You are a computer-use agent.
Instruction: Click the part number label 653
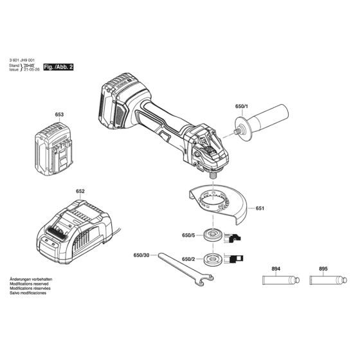coord(60,115)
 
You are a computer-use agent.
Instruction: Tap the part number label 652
coord(80,191)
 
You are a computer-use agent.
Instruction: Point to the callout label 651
coord(260,208)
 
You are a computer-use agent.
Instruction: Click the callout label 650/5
coord(188,235)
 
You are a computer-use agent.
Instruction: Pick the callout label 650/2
coord(188,259)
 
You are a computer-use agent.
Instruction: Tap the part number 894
coord(274,269)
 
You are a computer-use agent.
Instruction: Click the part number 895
coord(323,269)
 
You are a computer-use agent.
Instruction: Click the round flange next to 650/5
coord(211,234)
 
